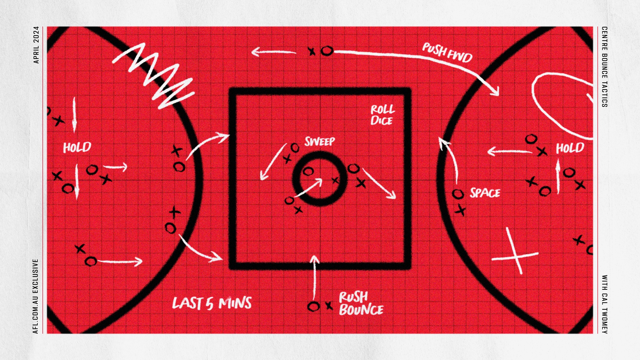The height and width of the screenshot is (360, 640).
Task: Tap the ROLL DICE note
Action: pyautogui.click(x=382, y=115)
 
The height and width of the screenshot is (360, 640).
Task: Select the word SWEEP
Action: pyautogui.click(x=320, y=142)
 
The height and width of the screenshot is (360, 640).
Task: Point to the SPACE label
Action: pyautogui.click(x=485, y=193)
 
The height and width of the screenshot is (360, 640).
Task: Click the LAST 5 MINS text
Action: pyautogui.click(x=212, y=303)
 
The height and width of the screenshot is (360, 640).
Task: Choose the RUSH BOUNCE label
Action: pyautogui.click(x=361, y=303)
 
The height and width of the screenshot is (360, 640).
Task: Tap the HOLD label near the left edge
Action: pyautogui.click(x=77, y=147)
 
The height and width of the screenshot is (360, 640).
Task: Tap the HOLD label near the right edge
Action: pyautogui.click(x=570, y=148)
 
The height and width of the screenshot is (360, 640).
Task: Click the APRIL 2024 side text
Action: pyautogui.click(x=36, y=45)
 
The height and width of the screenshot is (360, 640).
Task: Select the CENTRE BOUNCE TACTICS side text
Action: pyautogui.click(x=604, y=67)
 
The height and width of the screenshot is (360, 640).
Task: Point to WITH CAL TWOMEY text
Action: pyautogui.click(x=604, y=304)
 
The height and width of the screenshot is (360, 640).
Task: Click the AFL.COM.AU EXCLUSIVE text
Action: pyautogui.click(x=36, y=296)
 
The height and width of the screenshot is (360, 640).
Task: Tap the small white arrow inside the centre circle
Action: pyautogui.click(x=308, y=188)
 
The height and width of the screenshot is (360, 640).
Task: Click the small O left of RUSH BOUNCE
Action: pyautogui.click(x=313, y=306)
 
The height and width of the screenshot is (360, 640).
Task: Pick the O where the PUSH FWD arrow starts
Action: pyautogui.click(x=327, y=51)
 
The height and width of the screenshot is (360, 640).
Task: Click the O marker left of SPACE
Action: pyautogui.click(x=458, y=194)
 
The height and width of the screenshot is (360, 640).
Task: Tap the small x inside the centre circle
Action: pyautogui.click(x=335, y=180)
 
